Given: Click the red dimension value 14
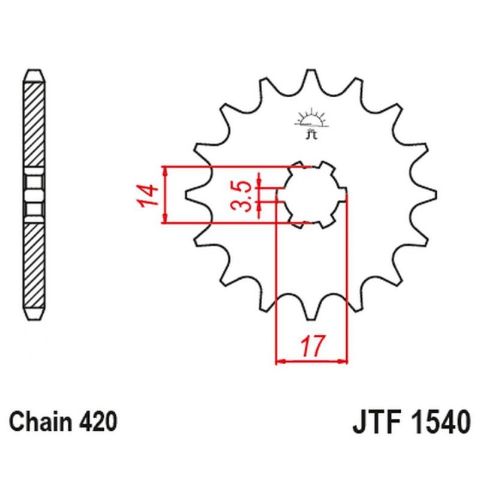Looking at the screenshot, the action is click(x=148, y=196).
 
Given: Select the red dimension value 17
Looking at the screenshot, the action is click(x=312, y=346).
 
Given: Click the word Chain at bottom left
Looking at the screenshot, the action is click(x=41, y=421).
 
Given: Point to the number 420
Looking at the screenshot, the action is click(x=98, y=421).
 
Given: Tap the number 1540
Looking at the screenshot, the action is click(x=439, y=422).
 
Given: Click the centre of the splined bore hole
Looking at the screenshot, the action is click(x=311, y=194).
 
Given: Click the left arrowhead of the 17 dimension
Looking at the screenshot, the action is click(x=281, y=362).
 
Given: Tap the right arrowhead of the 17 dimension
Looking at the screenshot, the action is click(x=343, y=362).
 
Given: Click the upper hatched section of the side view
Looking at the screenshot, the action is click(x=34, y=124).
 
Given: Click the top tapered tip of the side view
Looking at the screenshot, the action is click(x=34, y=76).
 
